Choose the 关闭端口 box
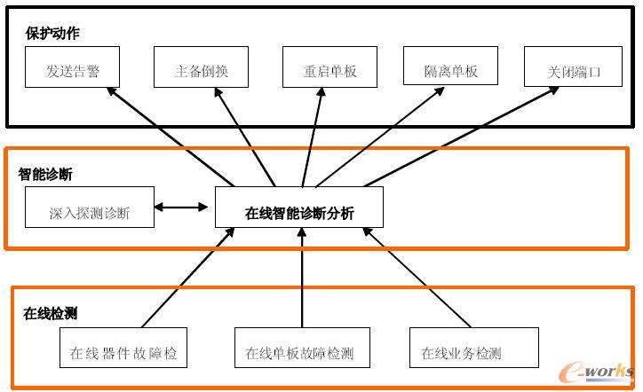pos(573,69)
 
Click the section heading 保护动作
pos(52,34)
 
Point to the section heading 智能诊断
pos(45,174)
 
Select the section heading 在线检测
pos(50,313)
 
